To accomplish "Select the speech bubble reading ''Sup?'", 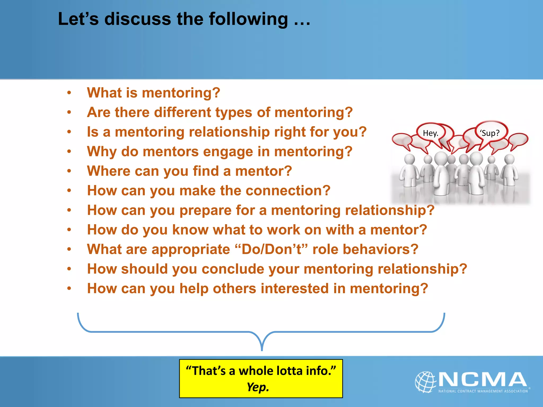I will pos(490,132).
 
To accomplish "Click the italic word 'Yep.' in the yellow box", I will pos(258,387).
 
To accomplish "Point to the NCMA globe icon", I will pos(426,382).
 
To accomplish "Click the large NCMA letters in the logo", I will pos(483,379).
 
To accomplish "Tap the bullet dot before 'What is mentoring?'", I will pos(69,93).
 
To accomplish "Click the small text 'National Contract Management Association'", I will pos(483,391).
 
